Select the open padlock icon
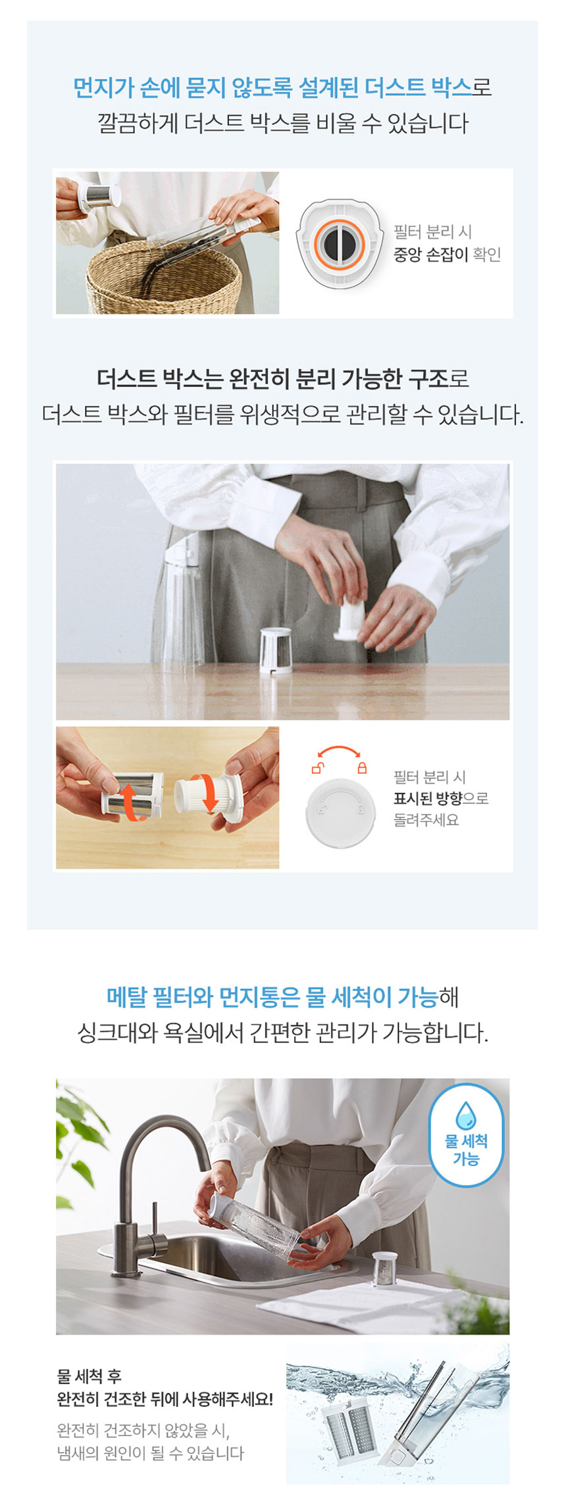click(x=317, y=767)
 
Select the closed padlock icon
click(x=362, y=767)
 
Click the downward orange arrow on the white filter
click(x=209, y=794)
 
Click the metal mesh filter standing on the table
click(x=276, y=650)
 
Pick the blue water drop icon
click(x=466, y=1115)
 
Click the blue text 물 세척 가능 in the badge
click(x=466, y=1150)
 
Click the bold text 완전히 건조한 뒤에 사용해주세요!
click(x=165, y=1399)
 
